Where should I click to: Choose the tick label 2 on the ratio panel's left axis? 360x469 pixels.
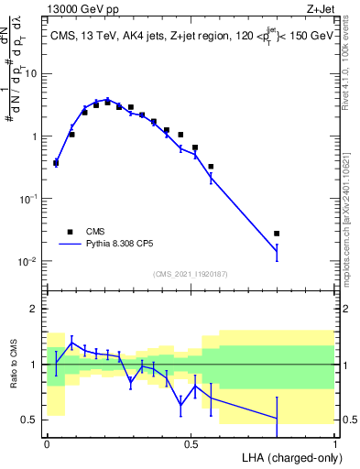coord(35,309)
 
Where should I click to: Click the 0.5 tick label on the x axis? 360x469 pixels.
coord(191,442)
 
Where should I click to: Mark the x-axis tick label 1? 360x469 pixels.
coord(334,442)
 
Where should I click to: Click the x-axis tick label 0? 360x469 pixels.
coord(47,442)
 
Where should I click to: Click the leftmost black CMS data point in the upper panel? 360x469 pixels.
coord(56,163)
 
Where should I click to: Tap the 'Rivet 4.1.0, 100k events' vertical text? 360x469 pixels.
coord(351,70)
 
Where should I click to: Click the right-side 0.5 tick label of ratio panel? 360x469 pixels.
coord(347,420)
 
